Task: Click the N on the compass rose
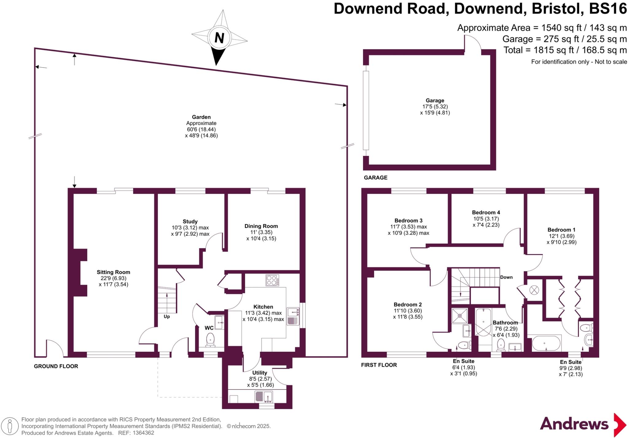coord(219,38)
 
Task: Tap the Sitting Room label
coord(113,272)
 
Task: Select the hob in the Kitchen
coord(272,280)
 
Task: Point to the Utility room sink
coord(264,397)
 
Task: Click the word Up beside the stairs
coord(167,316)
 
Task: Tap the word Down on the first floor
coord(506,277)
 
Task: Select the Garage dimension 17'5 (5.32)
coord(435,107)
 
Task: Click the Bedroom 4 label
coord(486,212)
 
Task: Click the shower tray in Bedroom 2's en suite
coord(460,316)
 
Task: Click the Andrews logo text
coord(574,424)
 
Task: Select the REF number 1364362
coord(143,433)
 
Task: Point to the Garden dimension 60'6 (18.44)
coord(201,129)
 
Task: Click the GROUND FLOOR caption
coord(56,366)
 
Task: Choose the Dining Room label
coord(261,226)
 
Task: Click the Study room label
coord(190,222)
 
